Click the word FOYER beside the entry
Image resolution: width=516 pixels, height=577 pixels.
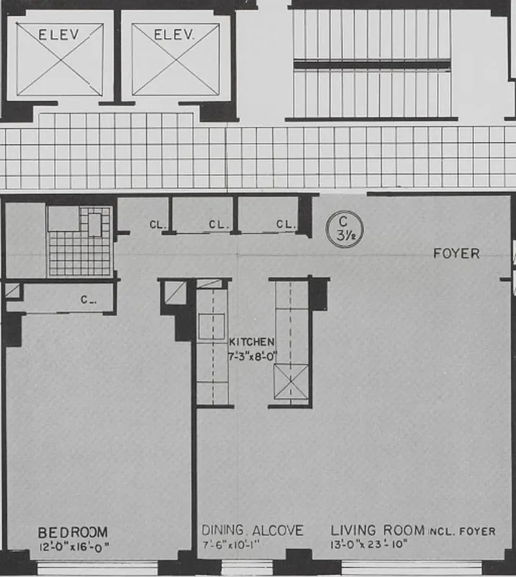(456, 254)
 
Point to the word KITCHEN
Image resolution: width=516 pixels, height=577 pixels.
(252, 340)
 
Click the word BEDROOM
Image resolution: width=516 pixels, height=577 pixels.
(73, 532)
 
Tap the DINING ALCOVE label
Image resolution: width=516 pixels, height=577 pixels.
(252, 531)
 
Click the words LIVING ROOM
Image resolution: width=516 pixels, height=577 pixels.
(378, 531)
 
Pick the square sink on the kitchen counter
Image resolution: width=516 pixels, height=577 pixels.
(213, 326)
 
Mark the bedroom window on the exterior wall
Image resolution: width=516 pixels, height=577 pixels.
(97, 570)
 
